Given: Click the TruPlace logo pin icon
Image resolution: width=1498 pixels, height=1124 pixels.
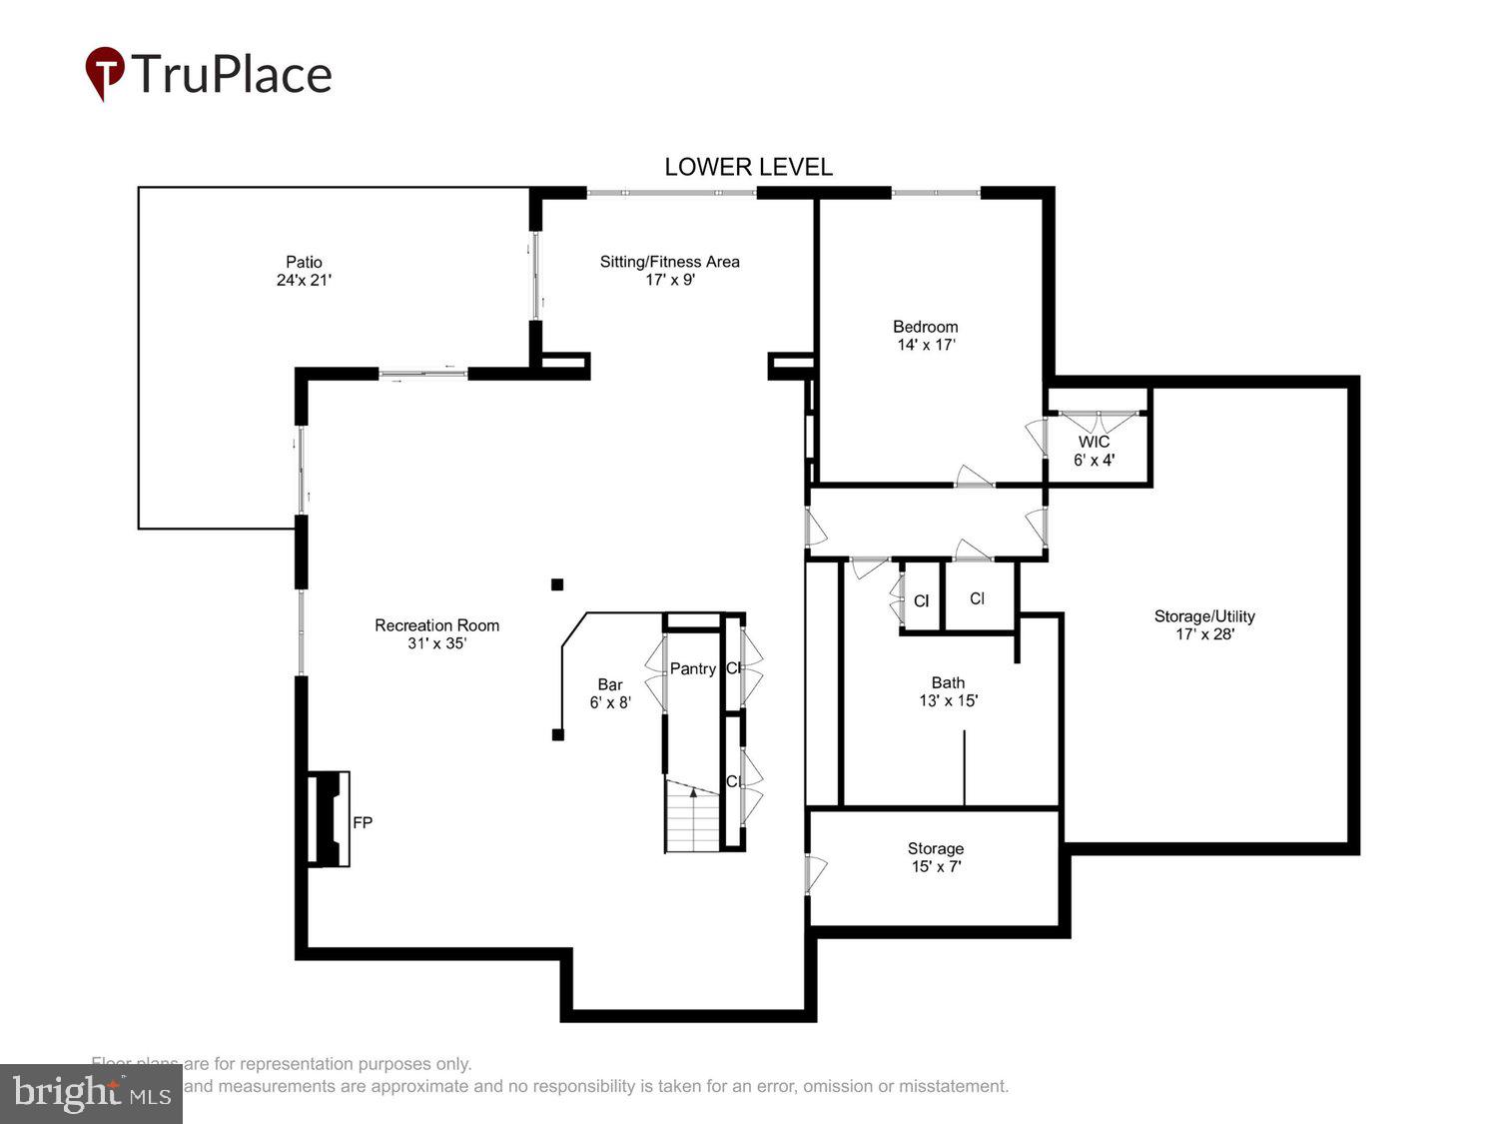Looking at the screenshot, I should (104, 73).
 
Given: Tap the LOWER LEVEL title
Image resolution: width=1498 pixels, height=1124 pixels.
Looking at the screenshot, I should (748, 167).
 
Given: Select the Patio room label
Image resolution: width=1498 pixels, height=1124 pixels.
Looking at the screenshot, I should (304, 262).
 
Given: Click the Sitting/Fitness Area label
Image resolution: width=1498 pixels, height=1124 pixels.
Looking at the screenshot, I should (669, 262).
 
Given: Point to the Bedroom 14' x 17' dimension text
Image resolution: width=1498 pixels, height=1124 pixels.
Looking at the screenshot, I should (926, 345).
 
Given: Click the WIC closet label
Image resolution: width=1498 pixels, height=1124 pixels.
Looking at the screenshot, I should (1094, 442).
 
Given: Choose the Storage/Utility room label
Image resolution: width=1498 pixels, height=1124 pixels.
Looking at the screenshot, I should (1204, 616).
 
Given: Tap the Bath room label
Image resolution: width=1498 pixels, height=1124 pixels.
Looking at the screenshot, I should (948, 683).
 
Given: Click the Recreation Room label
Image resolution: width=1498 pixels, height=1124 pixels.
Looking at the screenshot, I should (436, 625).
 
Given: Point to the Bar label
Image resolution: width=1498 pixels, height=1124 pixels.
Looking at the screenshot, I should (609, 684).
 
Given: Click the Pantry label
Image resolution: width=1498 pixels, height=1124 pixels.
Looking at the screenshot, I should (692, 668).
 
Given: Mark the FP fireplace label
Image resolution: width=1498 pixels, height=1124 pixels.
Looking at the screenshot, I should (363, 822).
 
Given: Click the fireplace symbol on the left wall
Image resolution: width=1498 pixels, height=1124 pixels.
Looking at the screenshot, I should (329, 818).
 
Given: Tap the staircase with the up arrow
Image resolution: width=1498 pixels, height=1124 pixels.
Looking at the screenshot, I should (693, 815).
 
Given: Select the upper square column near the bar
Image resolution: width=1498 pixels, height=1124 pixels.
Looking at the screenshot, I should (557, 584).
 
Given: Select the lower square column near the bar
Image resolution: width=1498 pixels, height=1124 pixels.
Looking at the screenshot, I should (557, 734).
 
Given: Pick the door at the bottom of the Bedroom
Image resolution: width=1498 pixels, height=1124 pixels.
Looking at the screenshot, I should (975, 477).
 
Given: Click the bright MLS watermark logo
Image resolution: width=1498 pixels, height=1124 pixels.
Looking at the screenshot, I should (91, 1093).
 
